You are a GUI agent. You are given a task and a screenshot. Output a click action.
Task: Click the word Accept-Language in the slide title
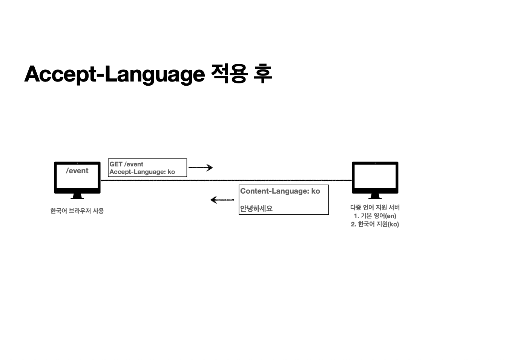pyautogui.click(x=114, y=74)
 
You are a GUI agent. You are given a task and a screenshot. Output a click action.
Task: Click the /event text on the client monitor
pyautogui.click(x=77, y=171)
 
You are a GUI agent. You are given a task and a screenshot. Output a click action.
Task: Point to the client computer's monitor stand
pyautogui.click(x=77, y=196)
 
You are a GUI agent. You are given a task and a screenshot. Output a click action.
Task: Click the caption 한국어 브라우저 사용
pyautogui.click(x=77, y=211)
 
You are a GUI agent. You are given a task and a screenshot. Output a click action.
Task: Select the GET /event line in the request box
pyautogui.click(x=126, y=164)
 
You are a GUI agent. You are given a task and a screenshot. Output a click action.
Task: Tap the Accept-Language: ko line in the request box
pyautogui.click(x=142, y=172)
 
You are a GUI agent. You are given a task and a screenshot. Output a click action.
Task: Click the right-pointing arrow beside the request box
pyautogui.click(x=201, y=167)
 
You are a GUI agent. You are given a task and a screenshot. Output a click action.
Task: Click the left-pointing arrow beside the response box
pyautogui.click(x=222, y=200)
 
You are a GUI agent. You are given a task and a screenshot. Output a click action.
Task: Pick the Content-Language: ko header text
pyautogui.click(x=280, y=191)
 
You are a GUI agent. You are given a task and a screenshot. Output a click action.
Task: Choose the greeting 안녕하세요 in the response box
pyautogui.click(x=256, y=208)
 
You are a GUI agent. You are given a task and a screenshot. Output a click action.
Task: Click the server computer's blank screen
pyautogui.click(x=375, y=177)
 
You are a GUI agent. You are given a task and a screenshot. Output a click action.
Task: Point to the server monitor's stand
pyautogui.click(x=375, y=196)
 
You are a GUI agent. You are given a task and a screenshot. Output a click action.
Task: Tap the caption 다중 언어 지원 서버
pyautogui.click(x=375, y=208)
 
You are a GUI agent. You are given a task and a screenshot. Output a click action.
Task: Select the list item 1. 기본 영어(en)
pyautogui.click(x=375, y=216)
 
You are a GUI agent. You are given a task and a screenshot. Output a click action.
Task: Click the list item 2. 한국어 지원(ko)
pyautogui.click(x=375, y=224)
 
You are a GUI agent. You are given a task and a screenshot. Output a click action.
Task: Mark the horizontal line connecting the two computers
pyautogui.click(x=226, y=180)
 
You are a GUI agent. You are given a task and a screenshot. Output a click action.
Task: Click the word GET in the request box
pyautogui.click(x=116, y=164)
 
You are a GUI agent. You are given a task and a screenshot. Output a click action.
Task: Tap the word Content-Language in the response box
pyautogui.click(x=274, y=191)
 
